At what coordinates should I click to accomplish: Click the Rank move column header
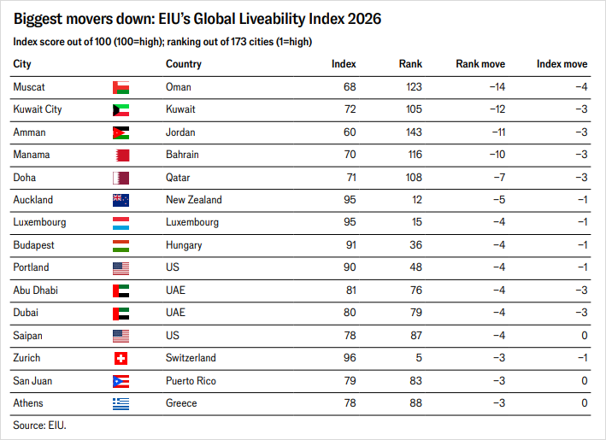click(480, 64)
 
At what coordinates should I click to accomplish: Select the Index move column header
click(562, 64)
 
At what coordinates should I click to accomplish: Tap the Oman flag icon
click(121, 87)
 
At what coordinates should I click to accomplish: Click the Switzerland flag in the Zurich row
click(121, 359)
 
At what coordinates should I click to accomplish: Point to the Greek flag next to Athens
click(121, 403)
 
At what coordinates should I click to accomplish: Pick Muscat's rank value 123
click(414, 86)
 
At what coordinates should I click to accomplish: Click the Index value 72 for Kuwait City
click(350, 109)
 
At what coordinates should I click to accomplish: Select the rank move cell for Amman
click(498, 132)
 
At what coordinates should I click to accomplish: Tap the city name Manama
click(32, 155)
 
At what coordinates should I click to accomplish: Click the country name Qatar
click(178, 178)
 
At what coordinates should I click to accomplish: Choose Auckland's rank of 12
click(416, 200)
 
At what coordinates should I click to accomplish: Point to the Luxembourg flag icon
click(121, 223)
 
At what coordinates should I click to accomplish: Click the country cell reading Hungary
click(184, 245)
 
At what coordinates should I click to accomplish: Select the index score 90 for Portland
click(350, 267)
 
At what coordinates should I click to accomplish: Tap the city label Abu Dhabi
click(36, 290)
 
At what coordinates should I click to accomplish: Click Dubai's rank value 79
click(416, 313)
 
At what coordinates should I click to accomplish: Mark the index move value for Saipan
click(585, 335)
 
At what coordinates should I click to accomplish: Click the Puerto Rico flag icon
click(121, 381)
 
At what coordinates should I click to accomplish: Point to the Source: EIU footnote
click(40, 425)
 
